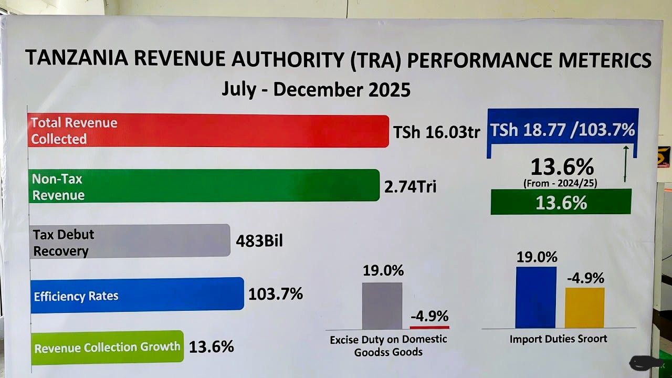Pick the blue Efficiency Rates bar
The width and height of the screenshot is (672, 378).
[137, 295]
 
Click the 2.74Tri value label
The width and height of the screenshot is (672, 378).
[410, 187]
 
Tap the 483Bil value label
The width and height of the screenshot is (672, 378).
[259, 241]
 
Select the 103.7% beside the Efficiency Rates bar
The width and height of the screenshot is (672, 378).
[276, 294]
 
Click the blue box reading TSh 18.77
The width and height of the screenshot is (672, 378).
[562, 129]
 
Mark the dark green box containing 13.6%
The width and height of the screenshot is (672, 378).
[561, 202]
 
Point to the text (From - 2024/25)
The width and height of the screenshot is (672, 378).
[561, 183]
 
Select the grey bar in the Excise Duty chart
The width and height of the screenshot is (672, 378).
[382, 306]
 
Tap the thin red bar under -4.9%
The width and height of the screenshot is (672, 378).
[429, 327]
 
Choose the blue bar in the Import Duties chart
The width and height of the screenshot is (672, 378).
[535, 297]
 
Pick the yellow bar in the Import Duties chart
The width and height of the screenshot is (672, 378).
[584, 308]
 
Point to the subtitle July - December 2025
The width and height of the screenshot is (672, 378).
[316, 89]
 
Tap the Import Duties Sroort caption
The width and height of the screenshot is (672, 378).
[558, 339]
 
